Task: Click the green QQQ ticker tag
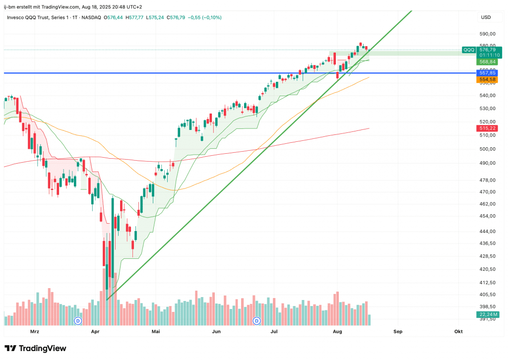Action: pos(469,50)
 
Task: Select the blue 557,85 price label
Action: pos(487,73)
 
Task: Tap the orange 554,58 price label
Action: pos(487,79)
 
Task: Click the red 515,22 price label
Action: pos(487,128)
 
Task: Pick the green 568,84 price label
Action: pos(487,62)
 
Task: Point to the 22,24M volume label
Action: pos(488,314)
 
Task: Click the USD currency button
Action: pos(486,17)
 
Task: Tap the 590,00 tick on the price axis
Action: pos(487,34)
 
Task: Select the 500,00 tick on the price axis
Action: pos(487,149)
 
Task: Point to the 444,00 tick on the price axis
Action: pos(487,231)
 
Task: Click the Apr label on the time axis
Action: pos(95,332)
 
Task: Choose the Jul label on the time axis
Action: pos(274,332)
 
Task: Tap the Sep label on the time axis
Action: pos(398,332)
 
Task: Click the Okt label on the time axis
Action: pos(458,332)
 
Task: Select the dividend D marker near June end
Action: pos(256,321)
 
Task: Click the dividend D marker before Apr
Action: pos(78,321)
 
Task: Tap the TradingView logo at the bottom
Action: pos(35,348)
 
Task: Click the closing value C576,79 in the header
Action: pos(176,17)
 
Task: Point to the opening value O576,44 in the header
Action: pos(113,17)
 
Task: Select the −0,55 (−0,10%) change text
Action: pos(205,17)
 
